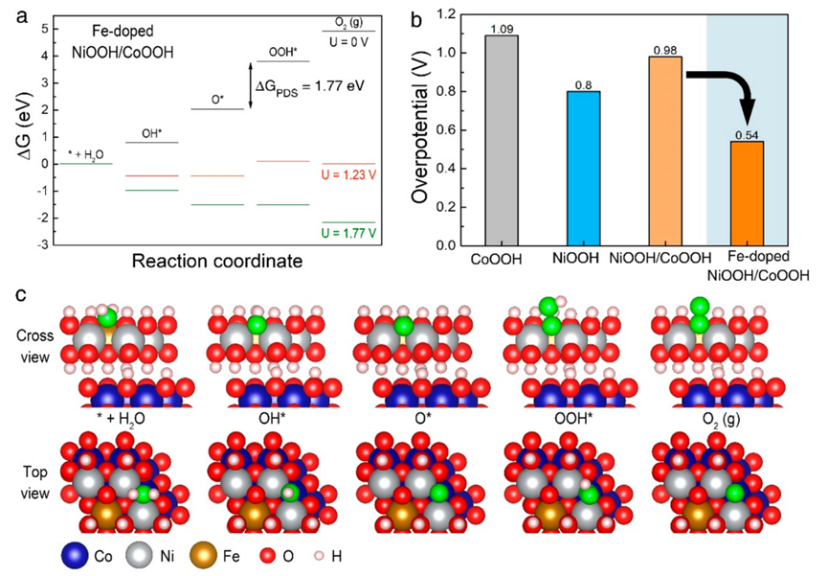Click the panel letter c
[18, 292]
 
